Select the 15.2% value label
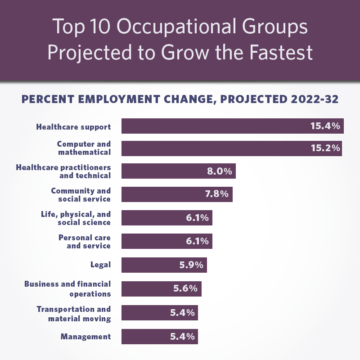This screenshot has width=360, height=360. pos(325,148)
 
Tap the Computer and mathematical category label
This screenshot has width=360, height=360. pos(84,148)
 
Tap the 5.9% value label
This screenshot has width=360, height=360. pos(191,265)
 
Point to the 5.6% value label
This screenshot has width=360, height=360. pos(185,288)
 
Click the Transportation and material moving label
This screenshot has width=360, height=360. pos(73,314)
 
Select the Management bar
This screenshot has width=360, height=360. pos(144,336)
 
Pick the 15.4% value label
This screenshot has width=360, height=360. pos(326,126)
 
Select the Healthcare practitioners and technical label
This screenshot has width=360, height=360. pos(63,171)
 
